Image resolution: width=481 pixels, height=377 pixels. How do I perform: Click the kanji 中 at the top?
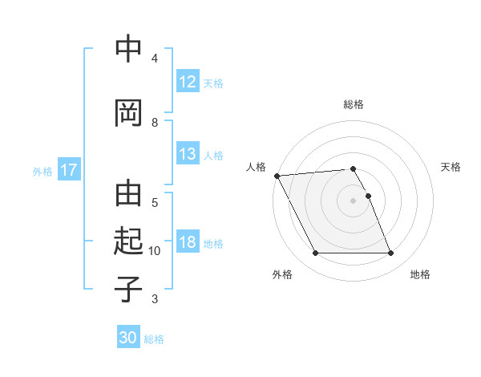pyautogui.click(x=128, y=49)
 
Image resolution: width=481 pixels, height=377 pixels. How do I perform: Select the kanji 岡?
pyautogui.click(x=128, y=111)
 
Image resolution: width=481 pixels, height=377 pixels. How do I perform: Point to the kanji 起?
pyautogui.click(x=128, y=241)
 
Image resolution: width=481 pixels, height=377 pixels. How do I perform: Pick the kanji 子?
pyautogui.click(x=128, y=290)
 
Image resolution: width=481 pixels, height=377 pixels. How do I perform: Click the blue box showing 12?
pyautogui.click(x=188, y=83)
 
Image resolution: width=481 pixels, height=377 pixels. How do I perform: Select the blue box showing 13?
pyautogui.click(x=188, y=155)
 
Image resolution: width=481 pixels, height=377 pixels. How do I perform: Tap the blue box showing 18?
pyautogui.click(x=188, y=243)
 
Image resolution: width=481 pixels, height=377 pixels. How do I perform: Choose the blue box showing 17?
pyautogui.click(x=68, y=170)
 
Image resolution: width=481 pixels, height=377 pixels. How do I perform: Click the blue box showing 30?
pyautogui.click(x=128, y=338)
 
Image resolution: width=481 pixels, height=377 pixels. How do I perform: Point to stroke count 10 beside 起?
pyautogui.click(x=155, y=251)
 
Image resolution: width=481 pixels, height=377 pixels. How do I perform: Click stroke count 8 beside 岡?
pyautogui.click(x=155, y=122)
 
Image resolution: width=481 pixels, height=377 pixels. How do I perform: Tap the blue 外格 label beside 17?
pyautogui.click(x=42, y=171)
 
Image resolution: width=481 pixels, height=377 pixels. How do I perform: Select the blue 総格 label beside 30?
pyautogui.click(x=154, y=339)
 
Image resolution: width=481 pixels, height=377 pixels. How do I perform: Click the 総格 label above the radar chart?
pyautogui.click(x=353, y=104)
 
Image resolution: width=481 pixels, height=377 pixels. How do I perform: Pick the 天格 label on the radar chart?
pyautogui.click(x=451, y=167)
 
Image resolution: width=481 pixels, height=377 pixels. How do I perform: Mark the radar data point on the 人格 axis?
pyautogui.click(x=277, y=176)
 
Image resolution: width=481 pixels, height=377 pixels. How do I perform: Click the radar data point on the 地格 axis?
pyautogui.click(x=390, y=253)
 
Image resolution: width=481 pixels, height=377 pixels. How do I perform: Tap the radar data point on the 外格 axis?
pyautogui.click(x=315, y=253)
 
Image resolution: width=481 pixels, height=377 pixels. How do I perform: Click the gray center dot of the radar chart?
pyautogui.click(x=353, y=201)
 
